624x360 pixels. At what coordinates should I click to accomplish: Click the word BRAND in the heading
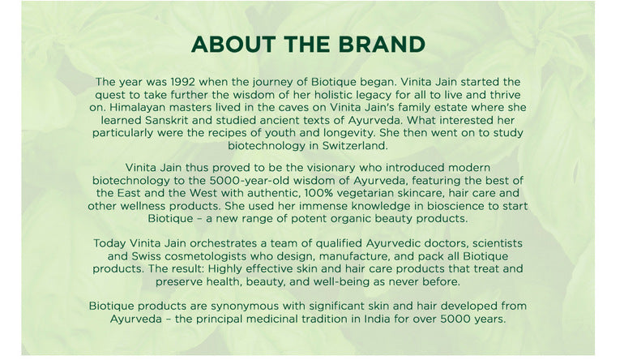tap(382, 45)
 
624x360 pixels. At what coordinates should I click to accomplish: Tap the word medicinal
tap(272, 319)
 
